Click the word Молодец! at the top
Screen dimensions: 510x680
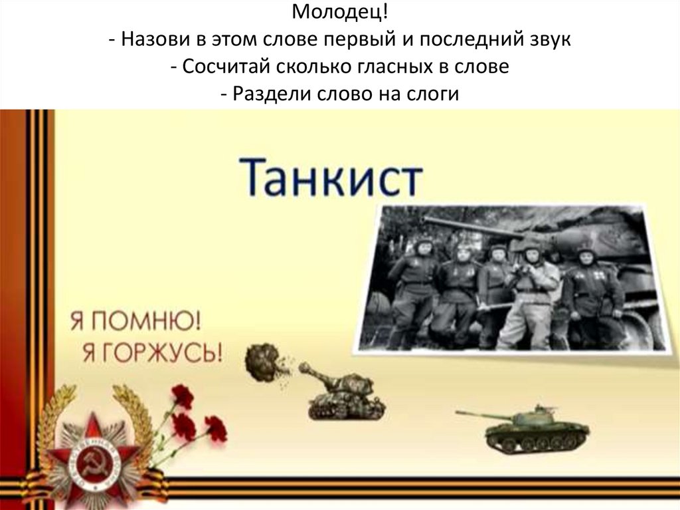click(x=339, y=13)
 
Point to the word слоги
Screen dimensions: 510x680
click(x=432, y=94)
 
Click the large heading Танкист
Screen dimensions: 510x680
click(x=330, y=176)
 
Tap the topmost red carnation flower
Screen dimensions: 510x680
click(x=181, y=396)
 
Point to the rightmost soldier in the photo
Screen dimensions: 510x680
click(x=592, y=293)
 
